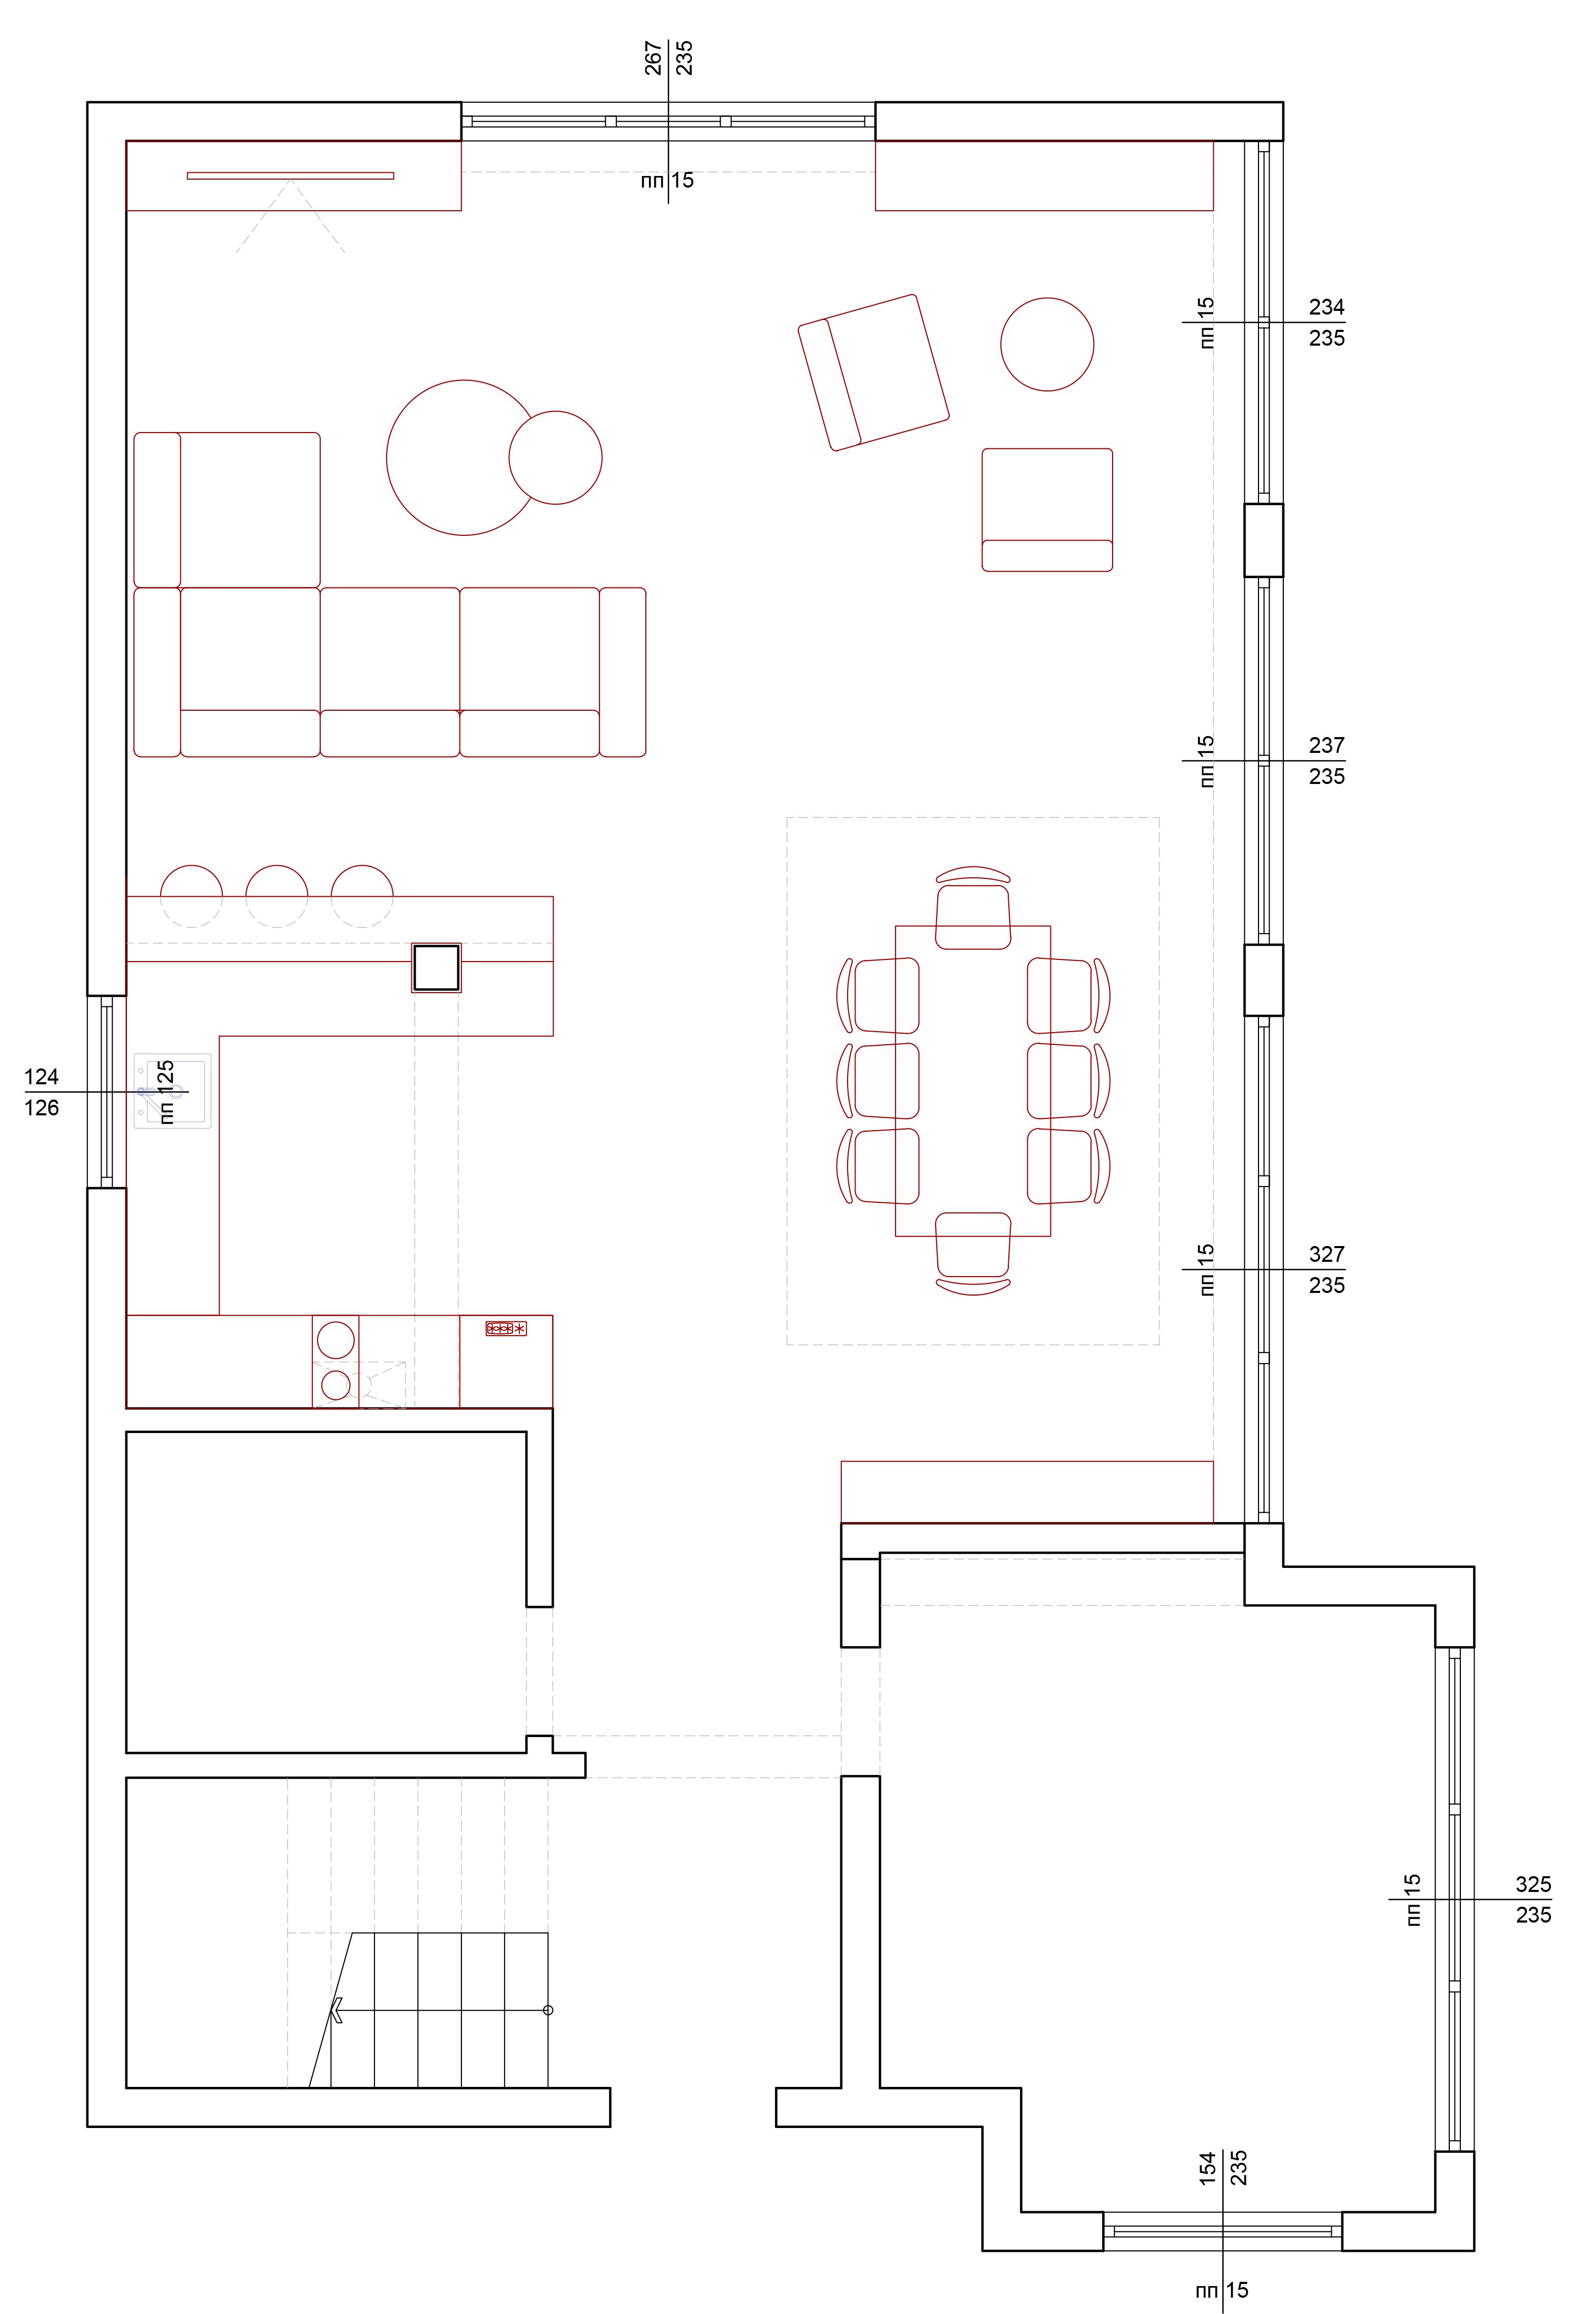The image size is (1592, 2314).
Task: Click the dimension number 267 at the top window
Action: [653, 58]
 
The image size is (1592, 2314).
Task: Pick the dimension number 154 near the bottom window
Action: [1208, 2169]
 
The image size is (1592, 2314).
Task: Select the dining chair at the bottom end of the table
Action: [974, 1254]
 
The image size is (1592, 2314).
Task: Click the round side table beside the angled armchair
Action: [1047, 344]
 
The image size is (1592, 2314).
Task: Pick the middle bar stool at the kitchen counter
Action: [276, 896]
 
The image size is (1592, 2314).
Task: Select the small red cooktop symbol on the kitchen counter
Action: [506, 1329]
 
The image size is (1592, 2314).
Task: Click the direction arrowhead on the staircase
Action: [336, 2010]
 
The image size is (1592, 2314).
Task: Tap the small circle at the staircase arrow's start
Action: [548, 2010]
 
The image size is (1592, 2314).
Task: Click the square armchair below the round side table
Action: [1047, 509]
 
